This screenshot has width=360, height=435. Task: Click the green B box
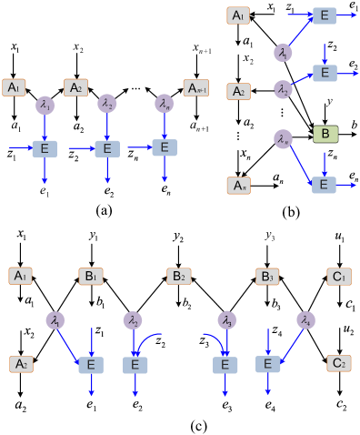tap(325, 135)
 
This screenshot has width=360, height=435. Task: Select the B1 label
tap(91, 276)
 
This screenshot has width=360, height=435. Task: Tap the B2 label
tap(179, 276)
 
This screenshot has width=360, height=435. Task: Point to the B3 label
tap(266, 276)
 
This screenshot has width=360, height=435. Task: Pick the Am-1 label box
tap(196, 87)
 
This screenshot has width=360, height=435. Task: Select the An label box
tap(238, 186)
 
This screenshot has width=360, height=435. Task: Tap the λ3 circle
tap(226, 319)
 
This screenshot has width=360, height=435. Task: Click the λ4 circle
tap(305, 319)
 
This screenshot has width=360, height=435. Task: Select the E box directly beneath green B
tap(324, 185)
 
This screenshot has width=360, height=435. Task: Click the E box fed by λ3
tap(225, 364)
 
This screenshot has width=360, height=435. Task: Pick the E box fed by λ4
tap(267, 364)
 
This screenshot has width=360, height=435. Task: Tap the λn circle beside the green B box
tap(283, 138)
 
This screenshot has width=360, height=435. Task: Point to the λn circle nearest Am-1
tap(164, 105)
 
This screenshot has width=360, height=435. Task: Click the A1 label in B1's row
tap(20, 276)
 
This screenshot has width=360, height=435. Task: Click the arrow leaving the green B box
tap(325, 159)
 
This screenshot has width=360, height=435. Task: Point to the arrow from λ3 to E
tap(226, 340)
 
